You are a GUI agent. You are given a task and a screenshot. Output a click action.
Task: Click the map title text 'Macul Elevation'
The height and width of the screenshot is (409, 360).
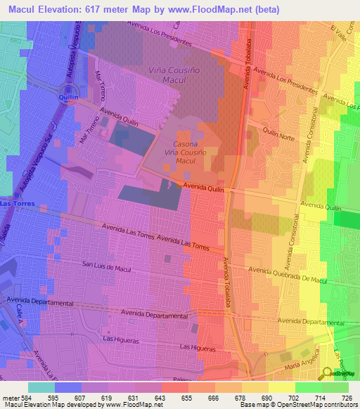coord(46,9)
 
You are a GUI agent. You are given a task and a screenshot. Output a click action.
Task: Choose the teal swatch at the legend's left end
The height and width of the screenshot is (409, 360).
coord(41,387)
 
